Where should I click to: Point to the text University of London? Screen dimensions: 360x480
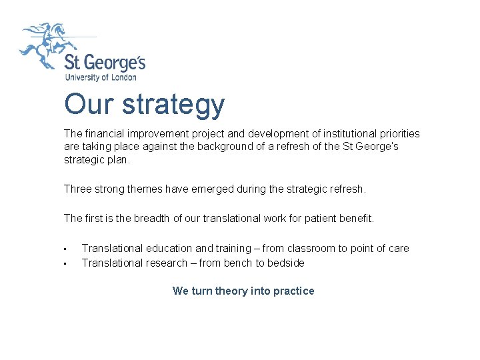pos(100,77)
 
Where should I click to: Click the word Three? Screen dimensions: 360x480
pos(78,189)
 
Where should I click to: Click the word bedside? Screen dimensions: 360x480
pos(286,263)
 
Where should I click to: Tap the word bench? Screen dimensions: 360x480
pos(238,263)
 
